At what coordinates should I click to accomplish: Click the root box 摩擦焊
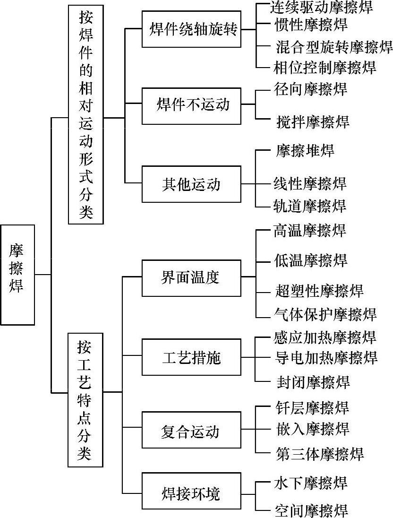[x=17, y=275]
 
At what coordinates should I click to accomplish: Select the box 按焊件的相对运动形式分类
[x=85, y=114]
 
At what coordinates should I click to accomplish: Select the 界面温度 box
[x=191, y=277]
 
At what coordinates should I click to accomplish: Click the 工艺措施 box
[x=191, y=357]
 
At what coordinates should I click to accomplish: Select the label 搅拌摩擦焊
[x=312, y=121]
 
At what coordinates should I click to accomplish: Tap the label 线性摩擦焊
[x=310, y=182]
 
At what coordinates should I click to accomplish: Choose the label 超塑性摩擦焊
[x=319, y=290]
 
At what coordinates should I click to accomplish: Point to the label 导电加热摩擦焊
[x=325, y=357]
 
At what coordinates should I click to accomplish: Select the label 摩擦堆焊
[x=305, y=151]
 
